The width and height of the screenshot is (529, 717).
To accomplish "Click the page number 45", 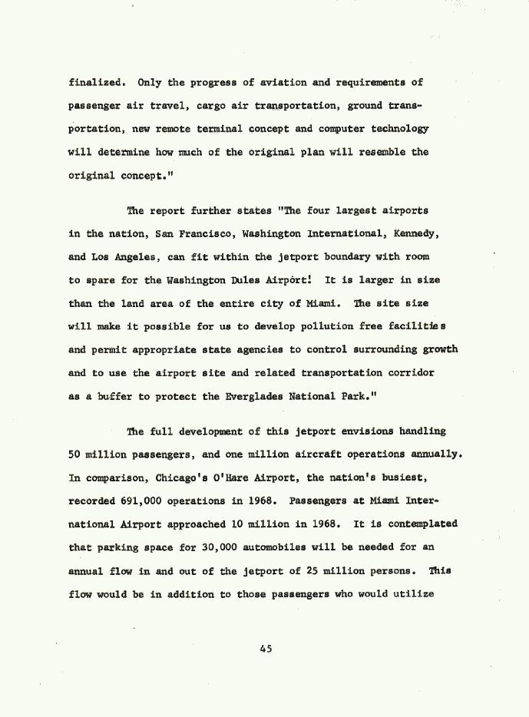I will point(266,649).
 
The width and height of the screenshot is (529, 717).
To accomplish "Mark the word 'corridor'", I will point(406,373).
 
